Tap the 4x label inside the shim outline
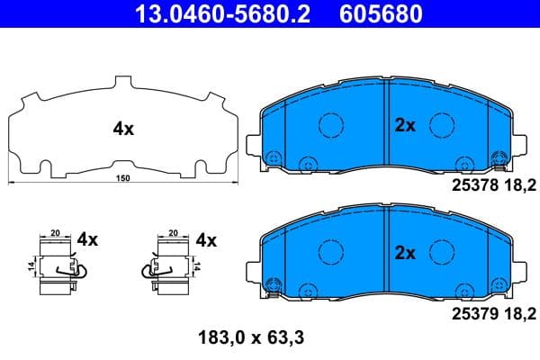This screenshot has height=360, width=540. click(x=123, y=129)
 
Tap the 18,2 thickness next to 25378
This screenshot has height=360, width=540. click(x=522, y=186)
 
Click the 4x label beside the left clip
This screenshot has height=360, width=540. click(x=87, y=240)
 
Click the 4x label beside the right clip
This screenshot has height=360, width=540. click(x=206, y=240)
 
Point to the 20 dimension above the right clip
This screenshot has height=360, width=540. click(x=173, y=230)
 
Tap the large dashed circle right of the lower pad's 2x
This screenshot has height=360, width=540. click(x=440, y=253)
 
